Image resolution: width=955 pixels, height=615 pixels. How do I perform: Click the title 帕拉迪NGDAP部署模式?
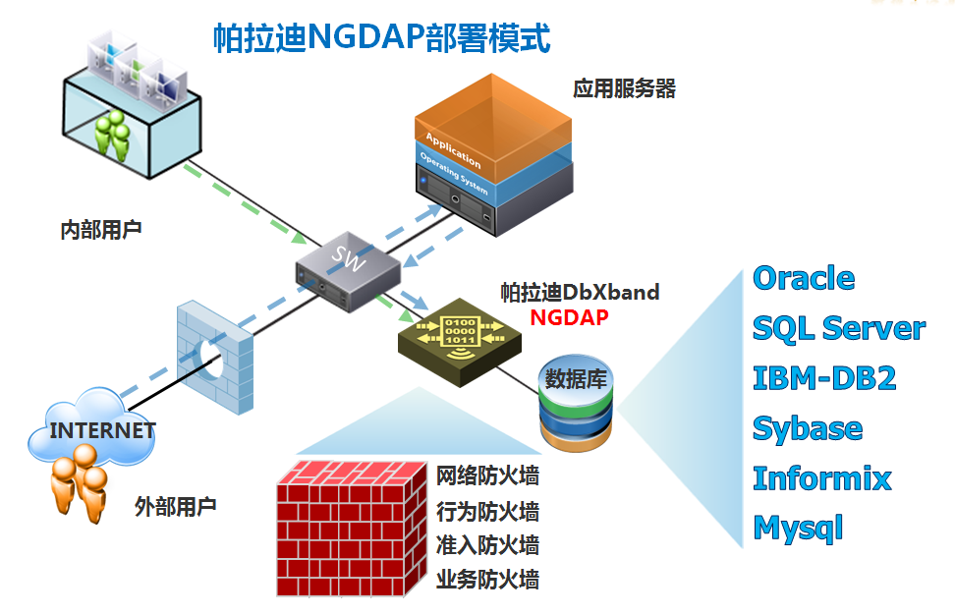381,38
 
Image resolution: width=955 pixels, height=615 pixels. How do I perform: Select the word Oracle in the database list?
803,278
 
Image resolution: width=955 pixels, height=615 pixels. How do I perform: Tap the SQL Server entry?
838,328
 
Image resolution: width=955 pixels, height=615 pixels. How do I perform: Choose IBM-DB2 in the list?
823,378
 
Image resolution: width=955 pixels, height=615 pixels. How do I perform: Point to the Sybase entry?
807,428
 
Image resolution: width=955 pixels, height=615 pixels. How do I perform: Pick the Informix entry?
821,478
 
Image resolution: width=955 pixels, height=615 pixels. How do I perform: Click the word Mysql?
798,529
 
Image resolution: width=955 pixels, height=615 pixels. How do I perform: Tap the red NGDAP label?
569,317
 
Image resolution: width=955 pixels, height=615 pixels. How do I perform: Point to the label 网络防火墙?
487,477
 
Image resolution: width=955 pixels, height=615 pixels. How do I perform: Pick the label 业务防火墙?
487,580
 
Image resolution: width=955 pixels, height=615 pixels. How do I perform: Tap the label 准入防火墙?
487,545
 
